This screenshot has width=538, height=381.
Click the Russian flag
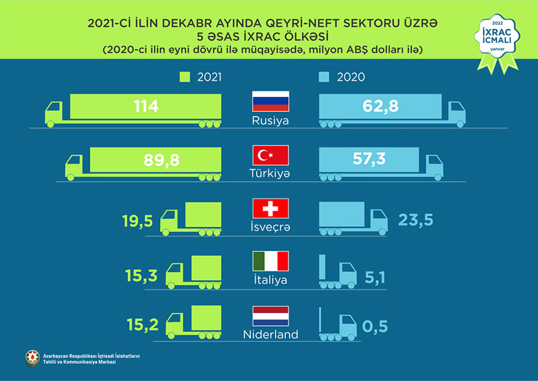pos(270,102)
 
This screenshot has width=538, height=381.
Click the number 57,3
pos(373,160)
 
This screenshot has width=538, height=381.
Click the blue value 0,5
pos(376,327)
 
